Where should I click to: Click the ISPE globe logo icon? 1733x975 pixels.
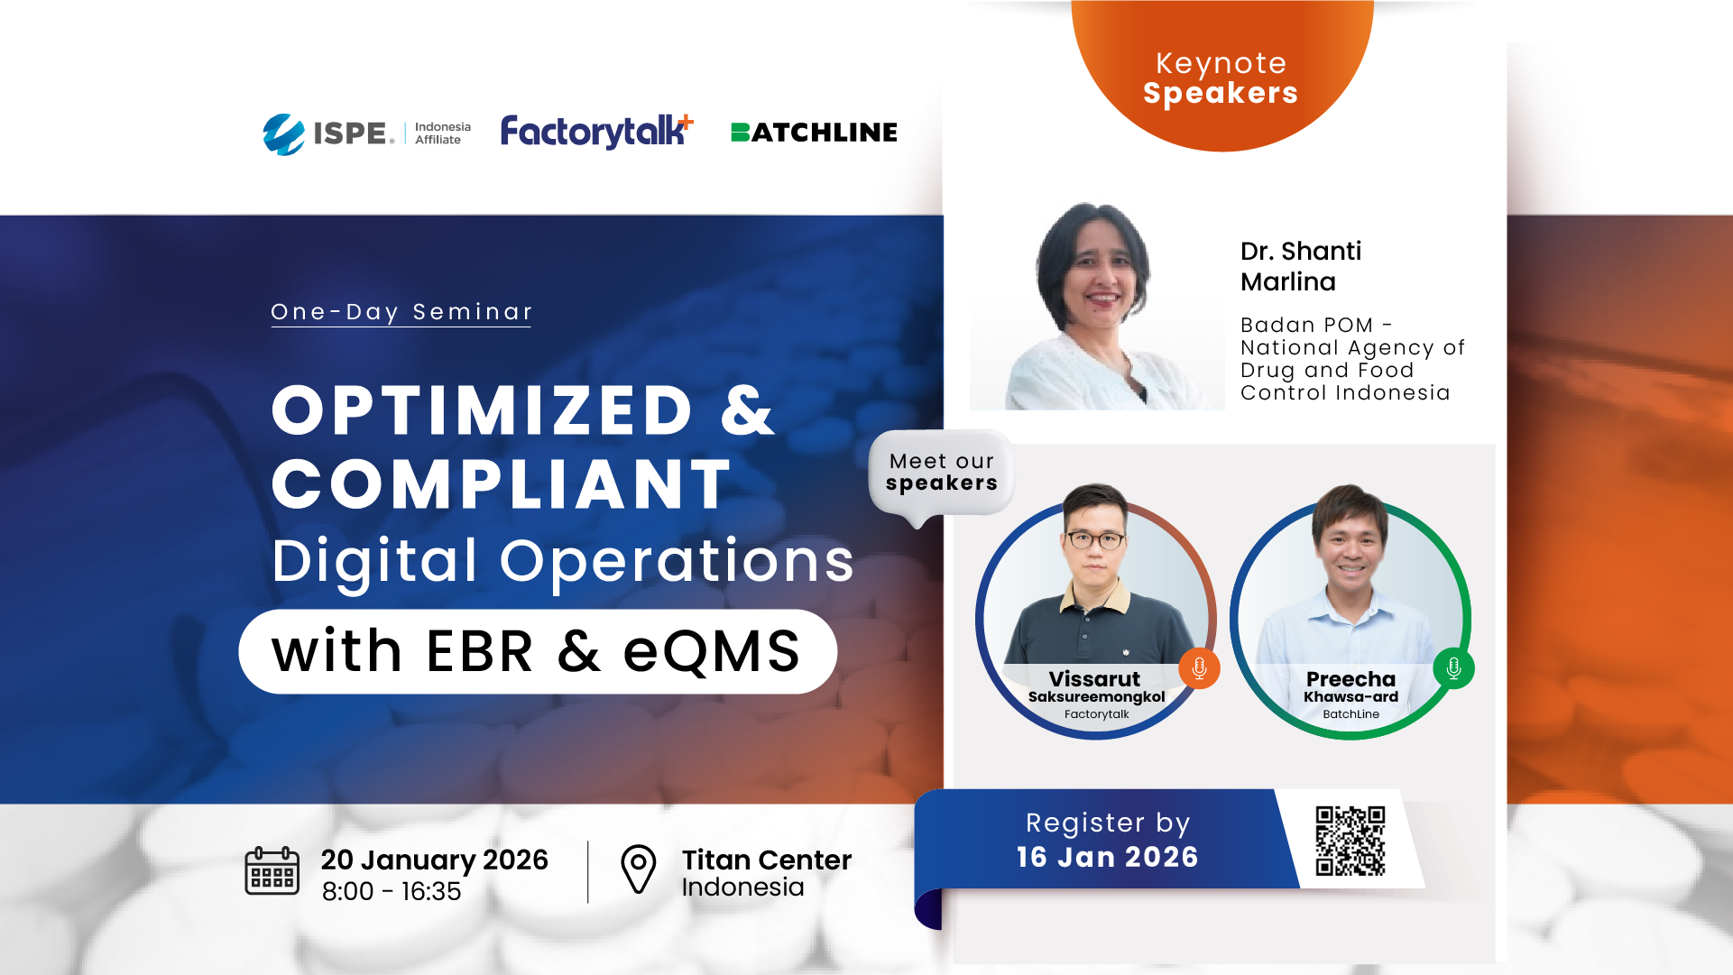(284, 134)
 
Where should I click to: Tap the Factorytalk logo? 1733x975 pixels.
(597, 132)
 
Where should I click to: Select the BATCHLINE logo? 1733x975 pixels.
(814, 133)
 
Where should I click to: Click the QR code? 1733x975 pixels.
(1350, 841)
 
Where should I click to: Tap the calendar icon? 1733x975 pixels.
(272, 871)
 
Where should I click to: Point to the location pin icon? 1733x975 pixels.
(639, 869)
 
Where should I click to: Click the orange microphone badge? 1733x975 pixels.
(1199, 668)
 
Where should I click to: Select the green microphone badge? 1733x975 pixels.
(1453, 668)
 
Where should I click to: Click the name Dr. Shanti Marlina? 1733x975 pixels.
(1301, 266)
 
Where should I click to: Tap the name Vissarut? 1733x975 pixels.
(1094, 679)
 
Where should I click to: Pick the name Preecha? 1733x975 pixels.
(1350, 679)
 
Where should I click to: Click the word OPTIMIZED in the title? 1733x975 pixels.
(483, 410)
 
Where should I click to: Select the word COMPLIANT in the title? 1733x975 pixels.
(502, 484)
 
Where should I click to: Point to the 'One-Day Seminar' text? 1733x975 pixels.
(401, 312)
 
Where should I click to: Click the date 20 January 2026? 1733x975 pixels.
(435, 860)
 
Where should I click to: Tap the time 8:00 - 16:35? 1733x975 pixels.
(392, 891)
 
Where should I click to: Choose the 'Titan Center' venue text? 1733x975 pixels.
(767, 860)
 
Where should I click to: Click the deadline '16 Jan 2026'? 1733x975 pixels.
(1108, 857)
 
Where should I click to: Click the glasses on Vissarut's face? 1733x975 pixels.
(1096, 540)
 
